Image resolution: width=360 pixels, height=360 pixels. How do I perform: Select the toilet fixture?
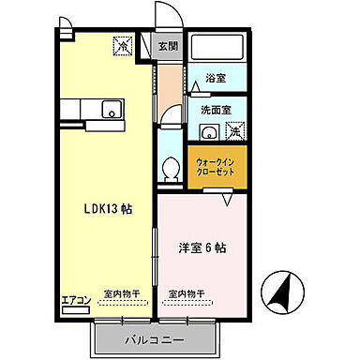(x=171, y=169)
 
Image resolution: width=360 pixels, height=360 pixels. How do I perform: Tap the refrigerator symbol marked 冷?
(x=122, y=43)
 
